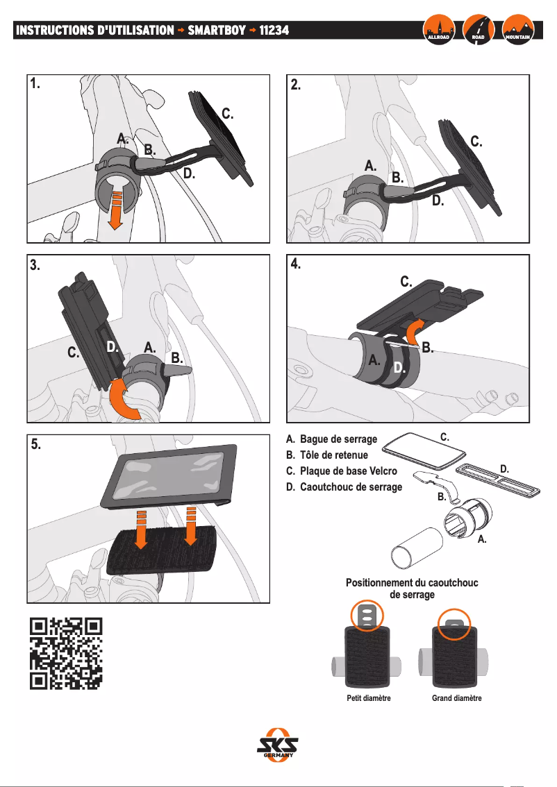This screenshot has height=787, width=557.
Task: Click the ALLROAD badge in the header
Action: (439, 29)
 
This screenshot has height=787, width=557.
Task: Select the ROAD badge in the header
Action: (478, 29)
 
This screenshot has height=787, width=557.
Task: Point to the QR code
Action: (67, 653)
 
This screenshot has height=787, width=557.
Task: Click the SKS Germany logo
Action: (278, 746)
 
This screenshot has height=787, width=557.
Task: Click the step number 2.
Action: (297, 85)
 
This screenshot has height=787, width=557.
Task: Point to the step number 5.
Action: (36, 446)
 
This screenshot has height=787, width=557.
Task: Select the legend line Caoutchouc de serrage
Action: (344, 487)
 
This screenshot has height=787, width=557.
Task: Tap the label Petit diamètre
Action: (369, 698)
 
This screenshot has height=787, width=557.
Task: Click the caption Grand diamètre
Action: (456, 698)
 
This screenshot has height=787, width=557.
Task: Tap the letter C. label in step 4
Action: (406, 282)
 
